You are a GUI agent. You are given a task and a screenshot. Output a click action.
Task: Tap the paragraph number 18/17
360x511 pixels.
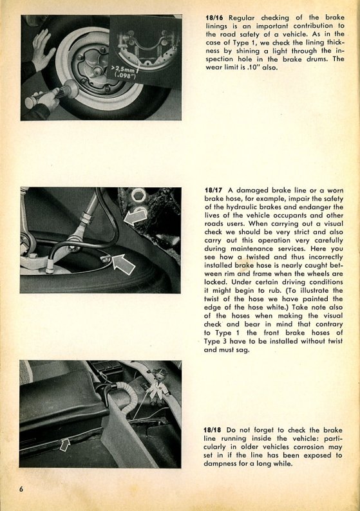click(214, 190)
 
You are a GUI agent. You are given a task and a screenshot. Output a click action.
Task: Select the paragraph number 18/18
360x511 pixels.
click(213, 430)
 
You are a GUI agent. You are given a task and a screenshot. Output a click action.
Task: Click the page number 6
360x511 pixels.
click(21, 489)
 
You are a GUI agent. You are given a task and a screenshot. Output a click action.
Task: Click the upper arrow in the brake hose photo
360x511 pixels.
click(135, 217)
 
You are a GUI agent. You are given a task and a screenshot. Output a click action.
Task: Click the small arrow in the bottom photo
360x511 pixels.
click(64, 445)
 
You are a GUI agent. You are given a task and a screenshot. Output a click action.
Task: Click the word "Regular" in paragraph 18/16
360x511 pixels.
click(242, 17)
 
